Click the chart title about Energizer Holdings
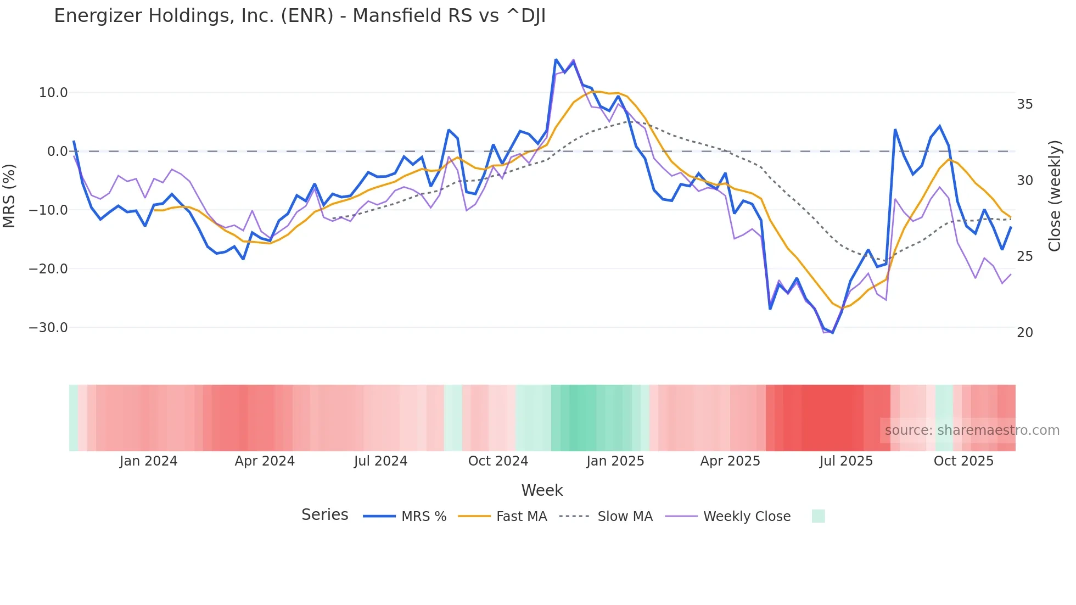tap(300, 16)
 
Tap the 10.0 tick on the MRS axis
tap(53, 93)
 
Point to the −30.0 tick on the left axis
tap(48, 328)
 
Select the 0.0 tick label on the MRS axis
tap(57, 152)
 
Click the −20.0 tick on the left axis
tap(48, 269)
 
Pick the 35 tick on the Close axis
tap(1024, 104)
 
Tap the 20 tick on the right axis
tap(1024, 333)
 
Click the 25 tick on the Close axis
tap(1024, 256)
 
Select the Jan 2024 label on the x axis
tap(148, 461)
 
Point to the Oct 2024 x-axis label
tap(498, 461)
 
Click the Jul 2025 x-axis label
tap(846, 461)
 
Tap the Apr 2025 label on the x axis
tap(730, 461)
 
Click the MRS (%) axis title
tap(9, 195)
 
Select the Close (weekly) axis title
tap(1055, 196)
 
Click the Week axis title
tap(542, 490)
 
